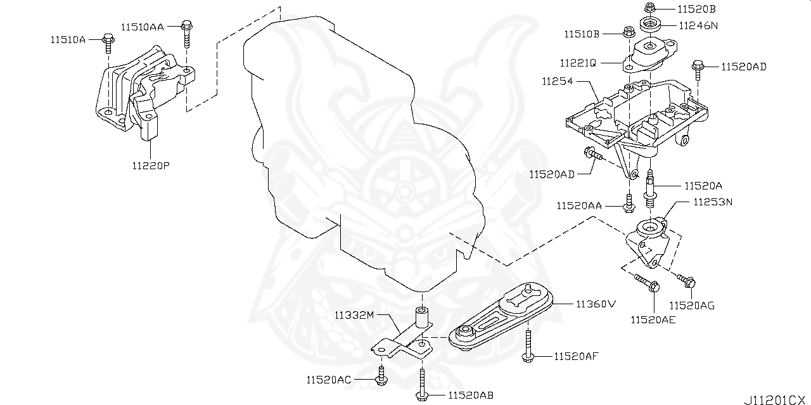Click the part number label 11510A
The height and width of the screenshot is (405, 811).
click(68, 39)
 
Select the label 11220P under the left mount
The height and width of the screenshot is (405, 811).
click(151, 166)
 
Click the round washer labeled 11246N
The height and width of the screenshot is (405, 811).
click(649, 27)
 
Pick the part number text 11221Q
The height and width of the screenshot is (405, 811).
click(578, 63)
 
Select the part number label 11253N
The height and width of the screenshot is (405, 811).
click(712, 202)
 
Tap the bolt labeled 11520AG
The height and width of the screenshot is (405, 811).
click(687, 280)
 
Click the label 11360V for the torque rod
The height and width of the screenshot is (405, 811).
click(595, 304)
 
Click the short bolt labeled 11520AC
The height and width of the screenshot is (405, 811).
click(381, 375)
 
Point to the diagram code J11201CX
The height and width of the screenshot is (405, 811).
click(776, 399)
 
